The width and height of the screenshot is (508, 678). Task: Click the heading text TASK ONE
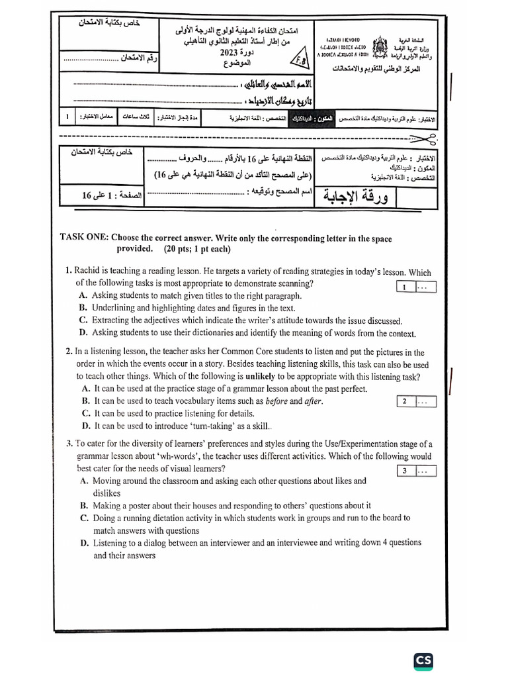tap(83, 238)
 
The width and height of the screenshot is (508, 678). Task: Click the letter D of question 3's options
tap(84, 543)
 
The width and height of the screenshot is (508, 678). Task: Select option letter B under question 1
tap(83, 308)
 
